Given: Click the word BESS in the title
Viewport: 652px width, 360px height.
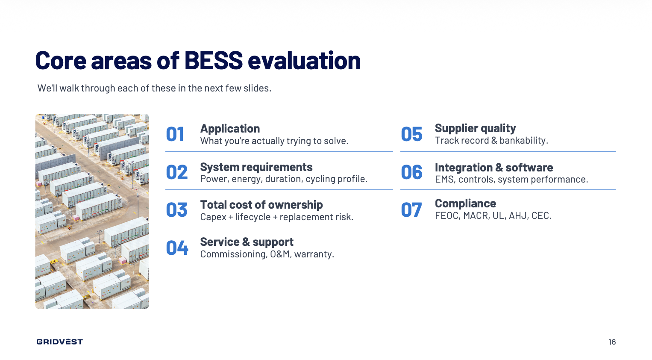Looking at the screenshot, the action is point(213,60).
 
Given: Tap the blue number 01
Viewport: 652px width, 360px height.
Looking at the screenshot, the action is point(175,134).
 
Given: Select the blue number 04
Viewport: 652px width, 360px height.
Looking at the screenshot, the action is point(177,248).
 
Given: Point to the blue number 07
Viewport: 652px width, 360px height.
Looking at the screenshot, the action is point(411,210).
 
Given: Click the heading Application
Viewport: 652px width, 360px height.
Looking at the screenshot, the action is point(230,128).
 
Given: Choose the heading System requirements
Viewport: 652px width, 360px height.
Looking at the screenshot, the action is point(256,167).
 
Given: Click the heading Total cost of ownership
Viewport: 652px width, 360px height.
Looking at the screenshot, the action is point(261,204).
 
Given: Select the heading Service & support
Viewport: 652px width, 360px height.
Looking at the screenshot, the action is point(247,242).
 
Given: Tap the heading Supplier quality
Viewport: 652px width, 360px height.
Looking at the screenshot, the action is point(475,128).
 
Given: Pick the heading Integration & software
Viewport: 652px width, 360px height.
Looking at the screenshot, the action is point(494,168).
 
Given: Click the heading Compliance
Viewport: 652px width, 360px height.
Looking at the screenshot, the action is point(465,203).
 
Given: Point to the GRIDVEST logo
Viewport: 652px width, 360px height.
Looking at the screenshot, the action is point(60,342).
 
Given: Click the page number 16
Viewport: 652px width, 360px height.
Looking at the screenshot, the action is point(612,342).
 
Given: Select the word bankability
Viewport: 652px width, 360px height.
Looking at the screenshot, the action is point(524,140).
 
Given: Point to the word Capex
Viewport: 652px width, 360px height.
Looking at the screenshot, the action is point(213,217).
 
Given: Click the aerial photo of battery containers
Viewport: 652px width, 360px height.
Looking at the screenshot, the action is point(92,211).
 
